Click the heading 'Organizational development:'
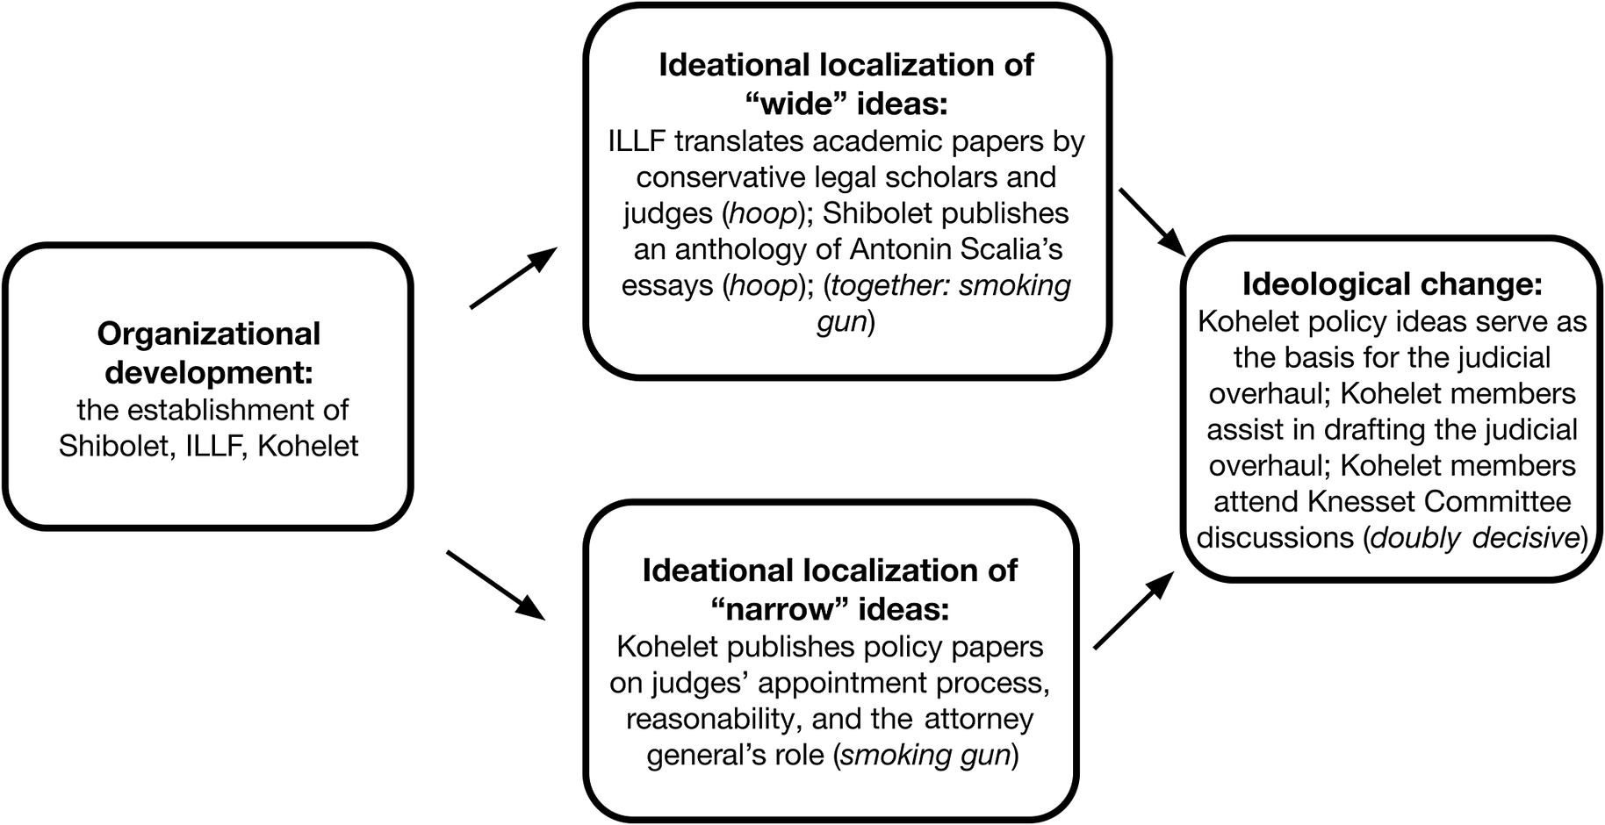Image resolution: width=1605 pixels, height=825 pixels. pyautogui.click(x=208, y=352)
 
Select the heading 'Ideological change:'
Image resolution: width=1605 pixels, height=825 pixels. pyautogui.click(x=1392, y=283)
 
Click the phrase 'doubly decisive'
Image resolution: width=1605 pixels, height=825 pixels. pyautogui.click(x=1474, y=537)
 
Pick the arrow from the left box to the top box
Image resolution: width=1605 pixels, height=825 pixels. pyautogui.click(x=514, y=277)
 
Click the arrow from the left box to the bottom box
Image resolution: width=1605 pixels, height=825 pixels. pyautogui.click(x=496, y=585)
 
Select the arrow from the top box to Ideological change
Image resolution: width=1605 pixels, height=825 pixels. pyautogui.click(x=1152, y=219)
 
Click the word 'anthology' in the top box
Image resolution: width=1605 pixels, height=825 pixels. pyautogui.click(x=741, y=249)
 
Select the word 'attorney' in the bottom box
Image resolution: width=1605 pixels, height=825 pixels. pyautogui.click(x=978, y=718)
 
